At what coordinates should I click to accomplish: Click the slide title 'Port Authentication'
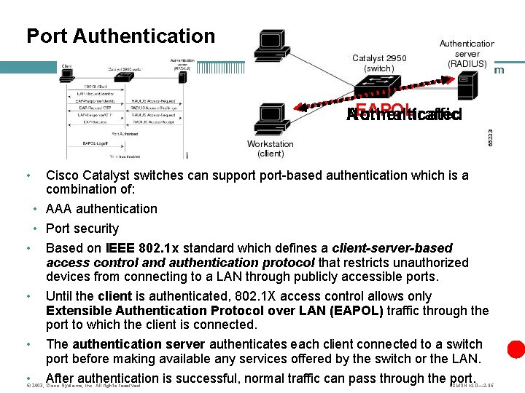(120, 36)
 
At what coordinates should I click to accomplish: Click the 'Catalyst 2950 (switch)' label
(379, 63)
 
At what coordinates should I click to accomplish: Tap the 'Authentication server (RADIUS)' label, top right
(467, 53)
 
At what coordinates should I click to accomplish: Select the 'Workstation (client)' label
(271, 149)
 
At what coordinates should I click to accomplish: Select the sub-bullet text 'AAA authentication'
(101, 209)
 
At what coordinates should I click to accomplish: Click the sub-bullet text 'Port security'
(82, 229)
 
